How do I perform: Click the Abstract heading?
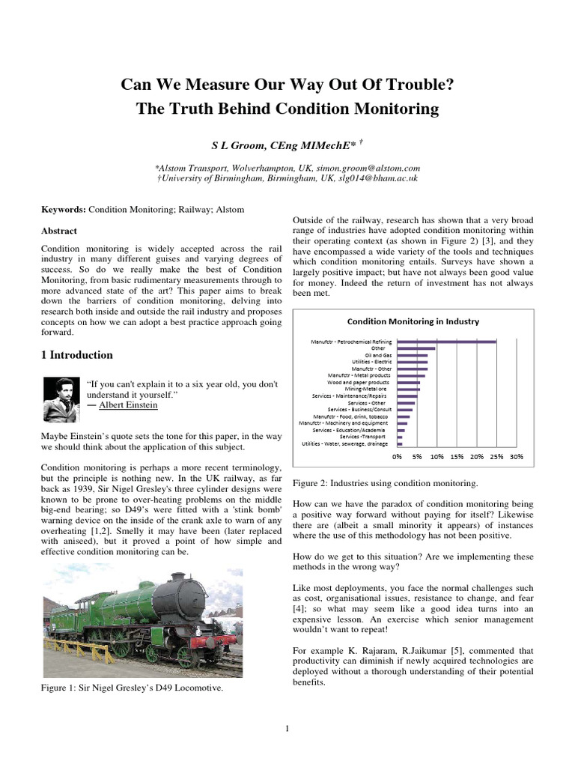[x=59, y=231]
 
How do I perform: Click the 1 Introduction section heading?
[x=77, y=355]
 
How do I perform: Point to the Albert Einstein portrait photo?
[x=60, y=398]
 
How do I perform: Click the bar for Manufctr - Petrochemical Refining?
[x=446, y=342]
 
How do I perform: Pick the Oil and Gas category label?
[x=379, y=355]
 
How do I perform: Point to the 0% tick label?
[x=398, y=455]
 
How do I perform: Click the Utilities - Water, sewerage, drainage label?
[x=345, y=444]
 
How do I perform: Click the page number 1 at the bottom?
[x=287, y=728]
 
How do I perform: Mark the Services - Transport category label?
[x=363, y=437]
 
